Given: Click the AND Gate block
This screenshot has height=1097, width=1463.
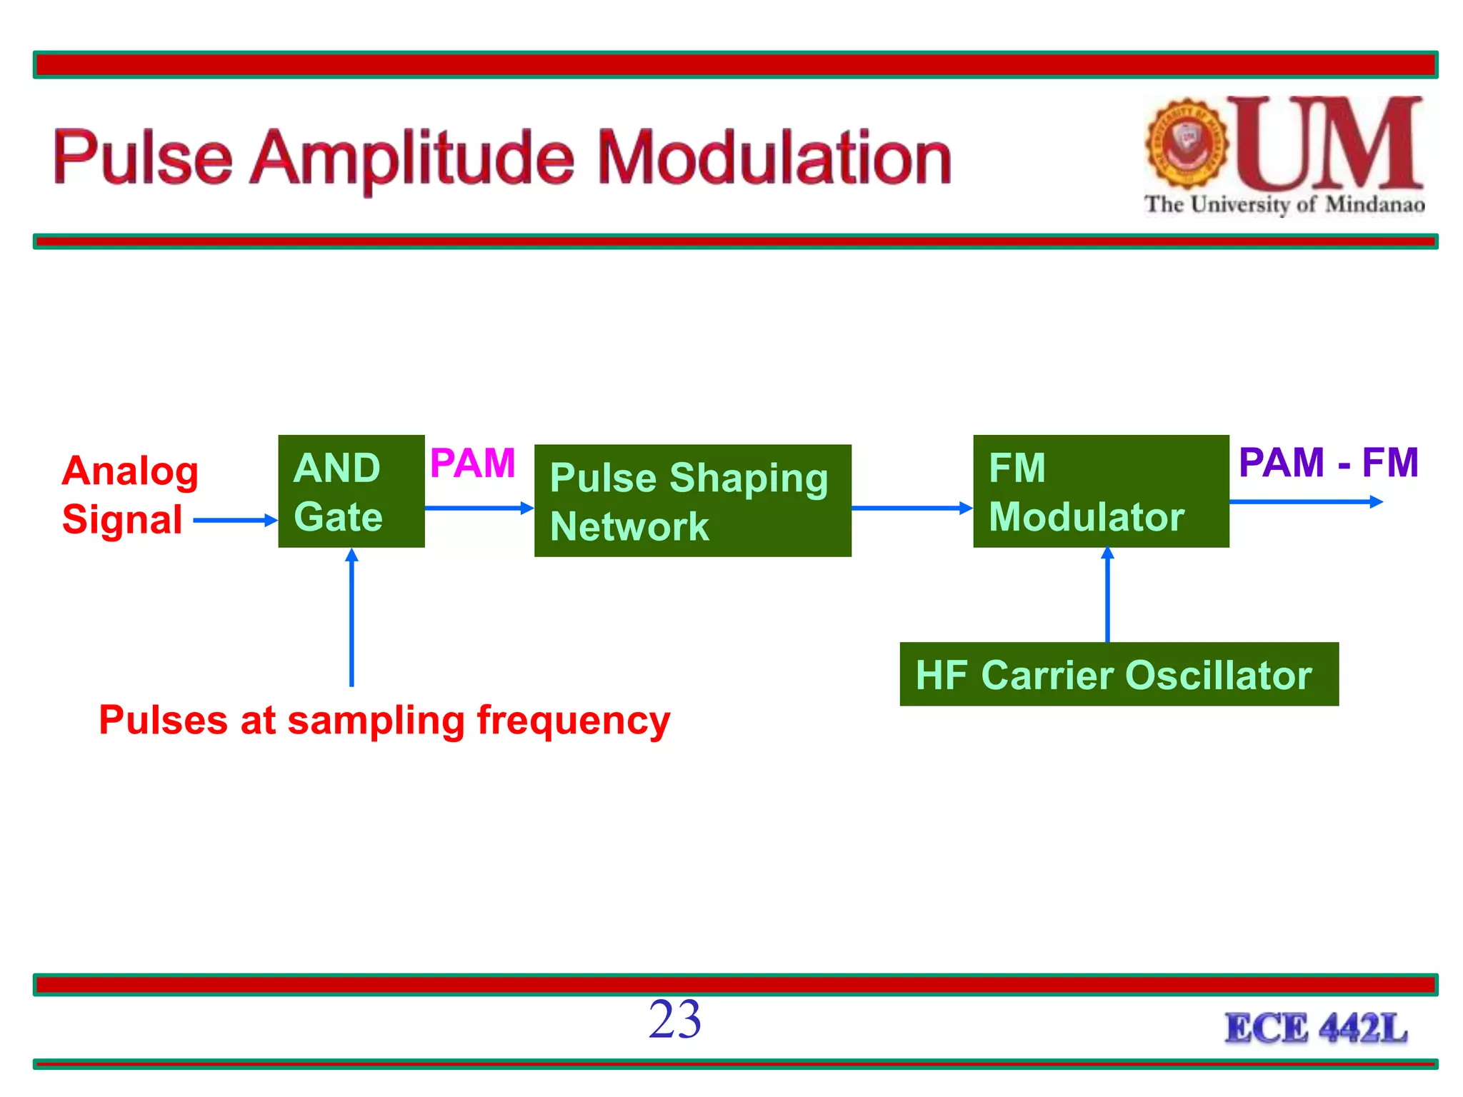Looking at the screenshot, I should pyautogui.click(x=351, y=491).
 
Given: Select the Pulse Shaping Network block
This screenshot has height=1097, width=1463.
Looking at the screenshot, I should pyautogui.click(x=692, y=501).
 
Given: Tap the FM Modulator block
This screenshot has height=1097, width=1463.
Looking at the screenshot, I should pyautogui.click(x=1100, y=491).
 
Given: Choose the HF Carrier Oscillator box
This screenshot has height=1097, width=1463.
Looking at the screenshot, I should pyautogui.click(x=1119, y=674).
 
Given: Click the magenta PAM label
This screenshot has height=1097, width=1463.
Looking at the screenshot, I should pyautogui.click(x=472, y=463).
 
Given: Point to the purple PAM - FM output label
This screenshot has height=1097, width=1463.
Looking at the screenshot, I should pyautogui.click(x=1327, y=462).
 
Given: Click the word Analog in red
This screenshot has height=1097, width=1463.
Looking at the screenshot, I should pyautogui.click(x=130, y=471).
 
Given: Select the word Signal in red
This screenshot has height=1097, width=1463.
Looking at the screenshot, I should pyautogui.click(x=122, y=519).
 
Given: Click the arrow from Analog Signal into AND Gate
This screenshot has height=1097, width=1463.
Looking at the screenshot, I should pyautogui.click(x=234, y=520).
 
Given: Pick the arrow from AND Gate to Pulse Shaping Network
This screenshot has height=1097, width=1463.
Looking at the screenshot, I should pyautogui.click(x=479, y=508).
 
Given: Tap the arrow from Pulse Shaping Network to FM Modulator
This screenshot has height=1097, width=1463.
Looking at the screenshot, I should pyautogui.click(x=911, y=508).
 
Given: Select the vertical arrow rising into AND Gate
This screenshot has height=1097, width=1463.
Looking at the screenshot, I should pyautogui.click(x=351, y=618).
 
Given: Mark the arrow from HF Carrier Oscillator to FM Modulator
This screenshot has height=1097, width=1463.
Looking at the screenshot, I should pyautogui.click(x=1107, y=594).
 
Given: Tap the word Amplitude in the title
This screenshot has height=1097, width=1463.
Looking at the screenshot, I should pyautogui.click(x=412, y=159).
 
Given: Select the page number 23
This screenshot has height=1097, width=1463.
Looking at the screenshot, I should pyautogui.click(x=674, y=1019).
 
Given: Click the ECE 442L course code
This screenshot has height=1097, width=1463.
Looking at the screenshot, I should pyautogui.click(x=1316, y=1028).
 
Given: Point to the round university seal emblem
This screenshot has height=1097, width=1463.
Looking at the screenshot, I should pyautogui.click(x=1187, y=144).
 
